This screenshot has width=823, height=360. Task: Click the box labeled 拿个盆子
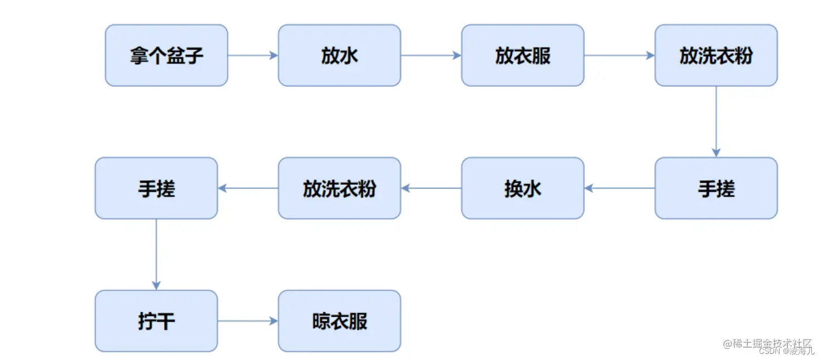coord(166,55)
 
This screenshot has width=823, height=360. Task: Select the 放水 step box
coord(339,55)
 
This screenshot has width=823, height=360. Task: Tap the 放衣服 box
coord(522,55)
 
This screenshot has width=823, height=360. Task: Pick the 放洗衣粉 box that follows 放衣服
coord(716,55)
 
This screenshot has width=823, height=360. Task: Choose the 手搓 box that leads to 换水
coord(716,188)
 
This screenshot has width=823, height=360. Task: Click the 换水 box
coord(522,188)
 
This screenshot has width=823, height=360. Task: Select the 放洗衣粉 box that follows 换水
coord(339,188)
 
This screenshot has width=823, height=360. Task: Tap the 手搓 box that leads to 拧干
coord(156,188)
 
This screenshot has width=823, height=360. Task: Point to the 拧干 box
coord(156,321)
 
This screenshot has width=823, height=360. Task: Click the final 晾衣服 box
coord(339,321)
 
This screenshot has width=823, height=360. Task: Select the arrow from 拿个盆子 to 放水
coord(253,55)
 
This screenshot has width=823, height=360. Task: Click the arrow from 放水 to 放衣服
coord(431,55)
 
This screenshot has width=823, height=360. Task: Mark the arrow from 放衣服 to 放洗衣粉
coord(619,55)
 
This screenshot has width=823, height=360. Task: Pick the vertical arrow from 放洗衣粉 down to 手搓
coord(716,121)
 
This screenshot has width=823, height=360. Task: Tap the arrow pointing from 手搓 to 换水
coord(619,188)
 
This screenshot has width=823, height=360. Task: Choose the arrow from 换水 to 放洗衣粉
coord(431,188)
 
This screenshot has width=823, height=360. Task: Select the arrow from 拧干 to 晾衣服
coord(248,321)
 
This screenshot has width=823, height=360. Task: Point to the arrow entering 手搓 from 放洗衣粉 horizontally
coord(248,188)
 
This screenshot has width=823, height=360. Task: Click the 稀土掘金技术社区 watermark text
coord(767,343)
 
